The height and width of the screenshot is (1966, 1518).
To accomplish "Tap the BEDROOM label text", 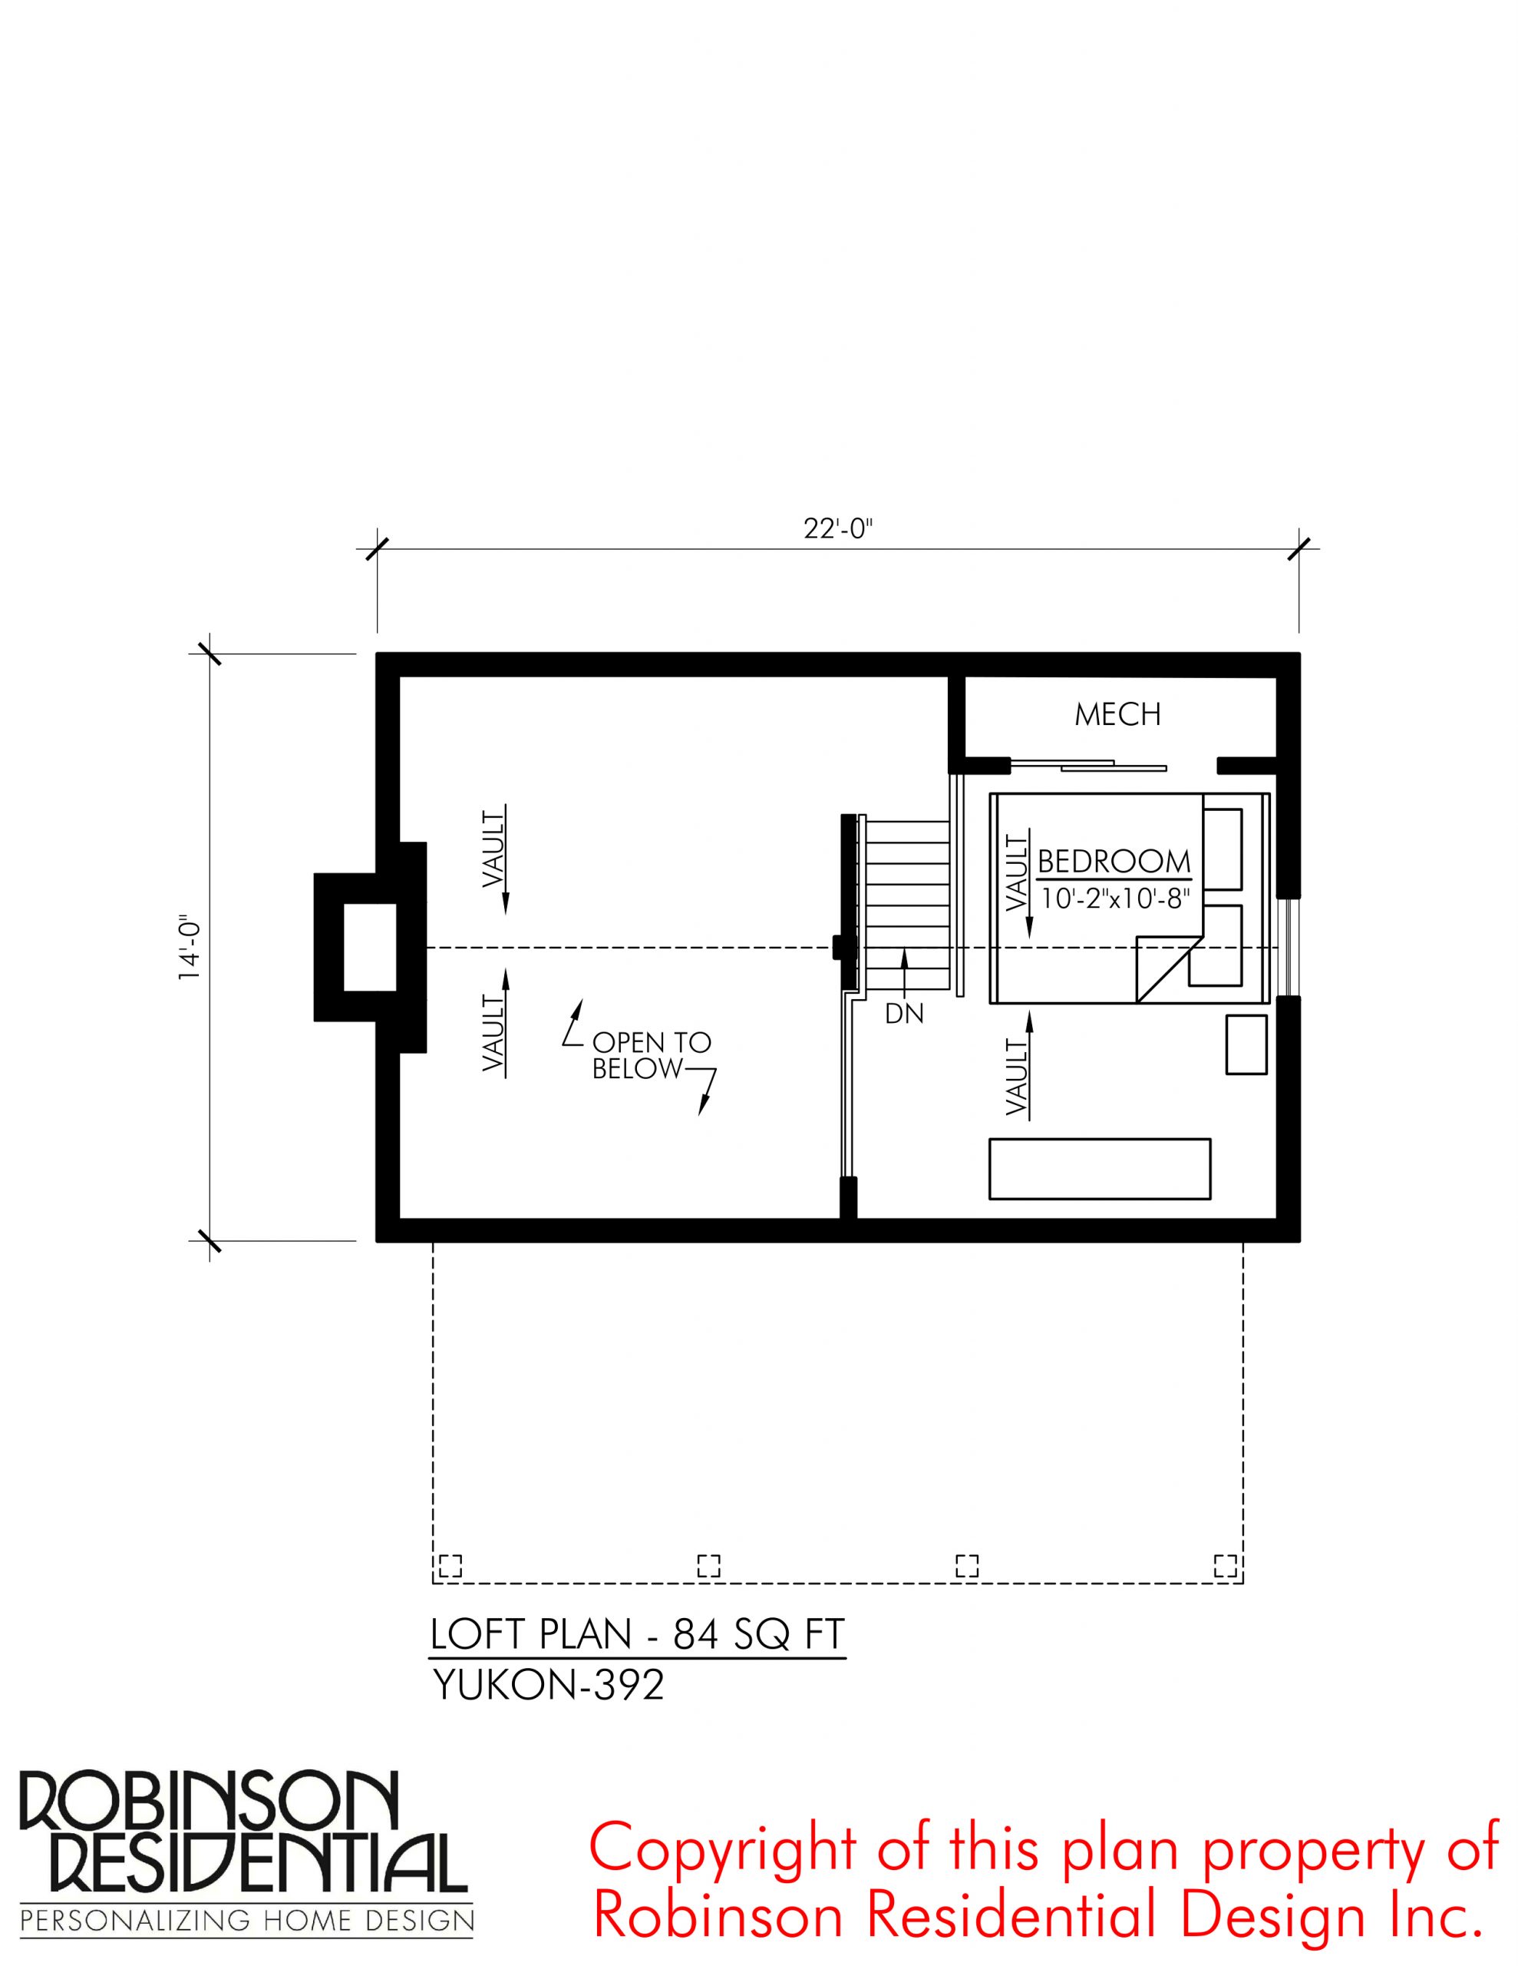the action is click(x=1114, y=862).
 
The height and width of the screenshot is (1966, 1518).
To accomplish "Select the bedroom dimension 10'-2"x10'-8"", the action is click(x=1116, y=899).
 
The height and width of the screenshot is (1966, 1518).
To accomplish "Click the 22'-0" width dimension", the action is click(x=839, y=529).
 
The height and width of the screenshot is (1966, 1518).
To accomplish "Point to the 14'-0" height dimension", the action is click(x=190, y=948).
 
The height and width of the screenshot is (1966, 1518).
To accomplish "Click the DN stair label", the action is click(x=904, y=1014).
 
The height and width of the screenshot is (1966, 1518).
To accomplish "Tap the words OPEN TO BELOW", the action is click(x=652, y=1056).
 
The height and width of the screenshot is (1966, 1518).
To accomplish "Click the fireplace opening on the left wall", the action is click(x=370, y=948).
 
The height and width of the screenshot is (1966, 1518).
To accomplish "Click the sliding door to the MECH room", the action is click(x=1088, y=765).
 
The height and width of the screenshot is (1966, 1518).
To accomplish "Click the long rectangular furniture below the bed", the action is click(x=1100, y=1168).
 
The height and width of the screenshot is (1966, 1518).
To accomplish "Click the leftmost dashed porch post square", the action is click(x=449, y=1565).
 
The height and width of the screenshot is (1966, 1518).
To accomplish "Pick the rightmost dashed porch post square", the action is click(x=1226, y=1565).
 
